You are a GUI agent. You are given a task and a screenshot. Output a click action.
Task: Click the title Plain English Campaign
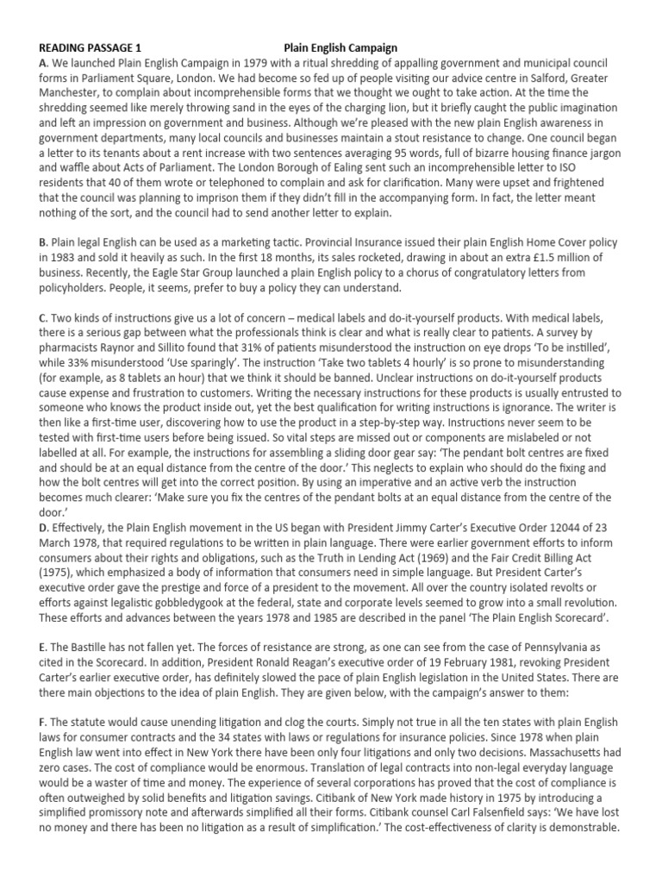coord(340,48)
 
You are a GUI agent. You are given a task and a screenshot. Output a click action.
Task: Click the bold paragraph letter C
coord(42,318)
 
